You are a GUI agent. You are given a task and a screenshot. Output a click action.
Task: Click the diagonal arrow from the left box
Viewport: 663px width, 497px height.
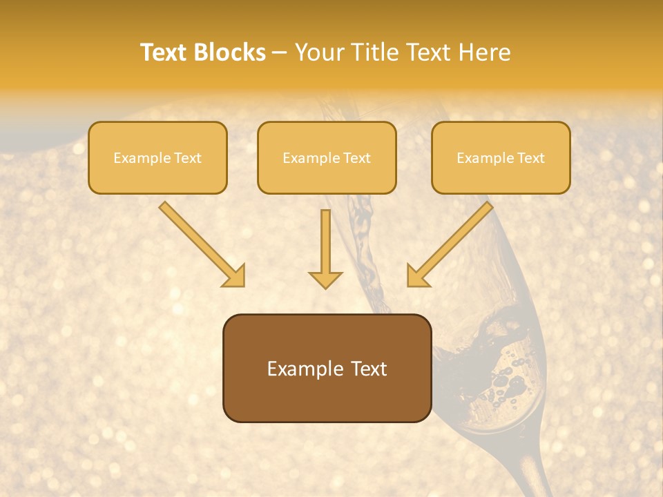[x=200, y=243]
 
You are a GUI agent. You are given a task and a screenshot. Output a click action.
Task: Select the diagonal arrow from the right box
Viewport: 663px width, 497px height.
[x=450, y=243]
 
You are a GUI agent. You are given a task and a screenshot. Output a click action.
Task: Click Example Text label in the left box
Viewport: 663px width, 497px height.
[x=157, y=158]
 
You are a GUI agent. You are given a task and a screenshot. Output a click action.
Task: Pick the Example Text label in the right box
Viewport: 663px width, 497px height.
[x=501, y=158]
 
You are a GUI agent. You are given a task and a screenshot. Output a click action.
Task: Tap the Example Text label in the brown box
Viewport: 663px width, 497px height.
[x=327, y=369]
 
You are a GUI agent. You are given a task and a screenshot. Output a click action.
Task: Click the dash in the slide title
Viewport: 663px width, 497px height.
[x=280, y=52]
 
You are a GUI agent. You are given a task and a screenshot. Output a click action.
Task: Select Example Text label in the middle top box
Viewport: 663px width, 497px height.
[x=327, y=158]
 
